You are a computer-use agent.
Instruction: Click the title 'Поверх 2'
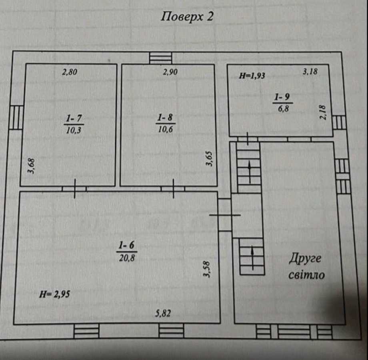[x=187, y=17]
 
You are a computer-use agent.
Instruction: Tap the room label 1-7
[x=74, y=118]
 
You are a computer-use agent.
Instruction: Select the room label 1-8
[x=166, y=118]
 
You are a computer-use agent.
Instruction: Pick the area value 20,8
[x=126, y=258]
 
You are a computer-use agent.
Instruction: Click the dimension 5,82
[x=163, y=314]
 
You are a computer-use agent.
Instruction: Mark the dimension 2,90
[x=170, y=72]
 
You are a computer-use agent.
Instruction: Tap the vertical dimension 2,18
[x=323, y=112]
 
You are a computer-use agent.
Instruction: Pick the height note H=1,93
[x=252, y=75]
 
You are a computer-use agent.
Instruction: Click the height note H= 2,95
[x=55, y=295]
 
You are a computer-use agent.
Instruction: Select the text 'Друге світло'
[x=306, y=266]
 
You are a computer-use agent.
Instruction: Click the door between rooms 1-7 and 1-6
[x=74, y=188]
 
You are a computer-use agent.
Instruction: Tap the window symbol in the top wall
[x=160, y=58]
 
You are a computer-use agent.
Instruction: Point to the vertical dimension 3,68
[x=32, y=166]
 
